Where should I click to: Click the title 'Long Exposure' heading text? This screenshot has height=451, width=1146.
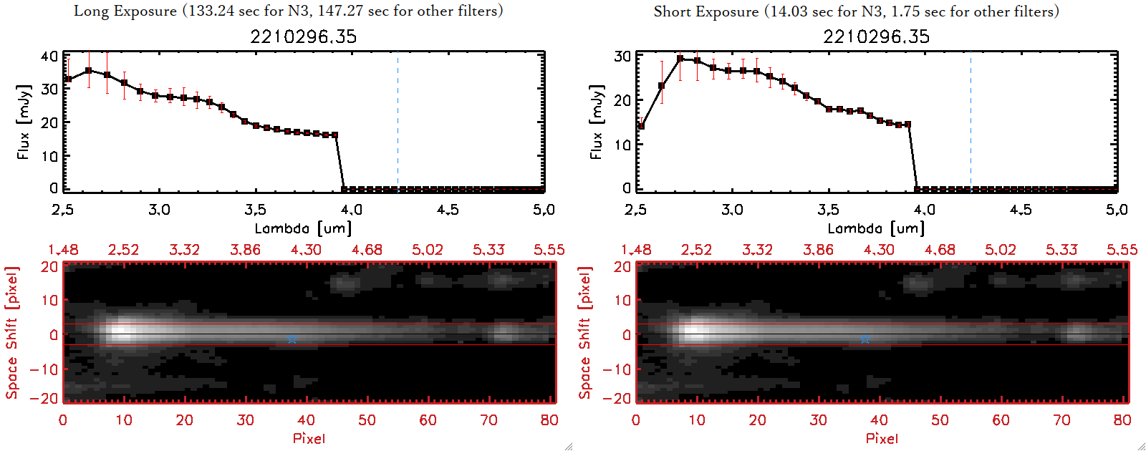(x=125, y=11)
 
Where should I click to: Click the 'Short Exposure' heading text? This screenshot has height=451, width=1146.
(x=706, y=11)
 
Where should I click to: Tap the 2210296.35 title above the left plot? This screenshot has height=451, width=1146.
(x=303, y=37)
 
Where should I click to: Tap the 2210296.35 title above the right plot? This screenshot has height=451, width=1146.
(x=876, y=37)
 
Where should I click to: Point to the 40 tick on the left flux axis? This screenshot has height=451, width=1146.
(x=49, y=56)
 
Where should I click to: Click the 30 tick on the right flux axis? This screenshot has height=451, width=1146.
(x=622, y=56)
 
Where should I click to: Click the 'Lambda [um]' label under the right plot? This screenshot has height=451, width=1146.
(x=876, y=228)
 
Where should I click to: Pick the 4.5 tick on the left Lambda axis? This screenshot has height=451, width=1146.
(x=448, y=210)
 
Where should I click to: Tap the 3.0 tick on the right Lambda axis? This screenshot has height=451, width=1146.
(x=732, y=210)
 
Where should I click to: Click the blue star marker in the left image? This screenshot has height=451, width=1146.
(x=292, y=339)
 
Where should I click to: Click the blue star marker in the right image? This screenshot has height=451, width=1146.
(x=865, y=339)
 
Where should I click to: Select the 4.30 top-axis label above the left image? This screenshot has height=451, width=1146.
(x=306, y=250)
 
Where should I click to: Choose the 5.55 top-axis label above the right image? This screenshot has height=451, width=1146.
(x=1122, y=250)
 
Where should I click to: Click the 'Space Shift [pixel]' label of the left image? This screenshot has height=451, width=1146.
(x=11, y=333)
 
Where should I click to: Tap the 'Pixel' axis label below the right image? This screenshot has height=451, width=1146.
(x=882, y=438)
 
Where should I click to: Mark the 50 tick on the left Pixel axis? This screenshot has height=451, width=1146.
(x=367, y=420)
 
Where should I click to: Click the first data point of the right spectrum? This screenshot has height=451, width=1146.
(x=641, y=127)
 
